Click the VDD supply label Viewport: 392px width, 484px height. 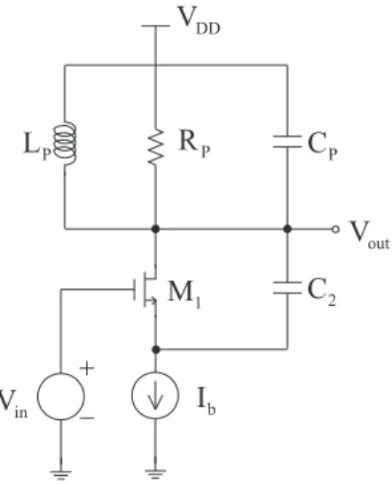point(200,20)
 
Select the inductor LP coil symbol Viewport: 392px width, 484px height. point(65,144)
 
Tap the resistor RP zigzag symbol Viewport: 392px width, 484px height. point(155,146)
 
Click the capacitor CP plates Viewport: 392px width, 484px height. point(287,142)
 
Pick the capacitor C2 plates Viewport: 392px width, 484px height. point(287,288)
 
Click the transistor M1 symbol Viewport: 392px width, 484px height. point(145,289)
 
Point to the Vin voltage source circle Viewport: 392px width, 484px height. point(61,396)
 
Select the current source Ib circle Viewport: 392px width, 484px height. point(155,395)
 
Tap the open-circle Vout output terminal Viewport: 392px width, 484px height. point(335,229)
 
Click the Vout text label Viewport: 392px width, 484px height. point(369,235)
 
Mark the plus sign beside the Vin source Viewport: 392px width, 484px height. point(87,368)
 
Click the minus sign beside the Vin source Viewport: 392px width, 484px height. point(87,418)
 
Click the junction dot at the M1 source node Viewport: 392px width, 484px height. point(156,349)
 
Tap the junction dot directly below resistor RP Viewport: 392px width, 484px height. point(155,229)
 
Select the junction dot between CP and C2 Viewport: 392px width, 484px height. point(287,229)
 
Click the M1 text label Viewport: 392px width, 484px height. point(184,294)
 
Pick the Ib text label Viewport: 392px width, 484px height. point(207,401)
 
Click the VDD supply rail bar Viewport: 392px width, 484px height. point(155,26)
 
